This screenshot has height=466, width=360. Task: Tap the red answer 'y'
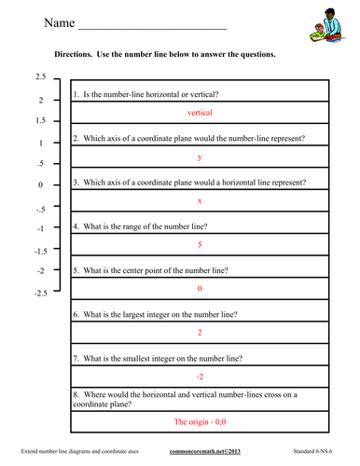201,158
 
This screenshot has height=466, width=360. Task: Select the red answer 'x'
201,201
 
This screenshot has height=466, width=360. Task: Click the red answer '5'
201,244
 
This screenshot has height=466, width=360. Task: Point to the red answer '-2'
201,377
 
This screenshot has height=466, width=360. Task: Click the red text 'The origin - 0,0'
201,422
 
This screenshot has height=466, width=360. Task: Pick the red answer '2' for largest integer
201,333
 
